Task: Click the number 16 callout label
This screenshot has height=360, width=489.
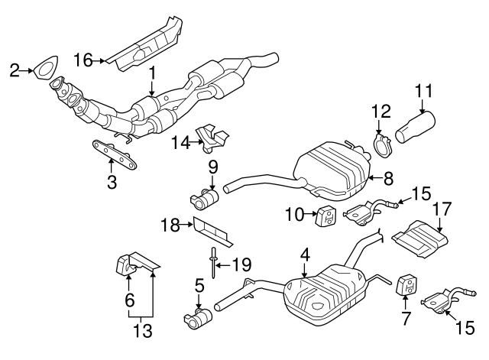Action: [x=84, y=57]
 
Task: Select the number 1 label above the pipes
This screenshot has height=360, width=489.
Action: [x=152, y=73]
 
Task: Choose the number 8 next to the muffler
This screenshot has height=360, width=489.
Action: [x=388, y=179]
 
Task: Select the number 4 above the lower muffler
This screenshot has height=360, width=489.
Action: [x=305, y=253]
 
